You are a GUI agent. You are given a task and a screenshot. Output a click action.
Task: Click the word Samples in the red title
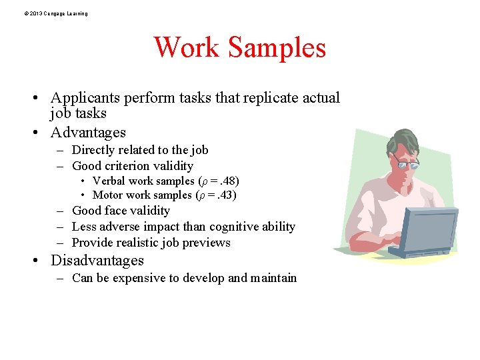pyautogui.click(x=277, y=48)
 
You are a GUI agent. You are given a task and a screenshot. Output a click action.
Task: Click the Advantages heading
pyautogui.click(x=88, y=132)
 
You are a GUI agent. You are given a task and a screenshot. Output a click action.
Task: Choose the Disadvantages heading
pyautogui.click(x=97, y=260)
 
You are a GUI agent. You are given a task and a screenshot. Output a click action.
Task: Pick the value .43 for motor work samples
pyautogui.click(x=225, y=195)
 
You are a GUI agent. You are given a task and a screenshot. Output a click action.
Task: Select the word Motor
pyautogui.click(x=107, y=195)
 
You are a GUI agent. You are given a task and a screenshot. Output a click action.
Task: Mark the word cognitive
pyautogui.click(x=239, y=227)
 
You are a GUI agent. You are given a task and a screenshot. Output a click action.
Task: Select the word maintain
pyautogui.click(x=273, y=278)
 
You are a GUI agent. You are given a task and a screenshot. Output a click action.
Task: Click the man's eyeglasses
pyautogui.click(x=406, y=161)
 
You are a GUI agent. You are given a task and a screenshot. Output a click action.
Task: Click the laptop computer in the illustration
pyautogui.click(x=427, y=230)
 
